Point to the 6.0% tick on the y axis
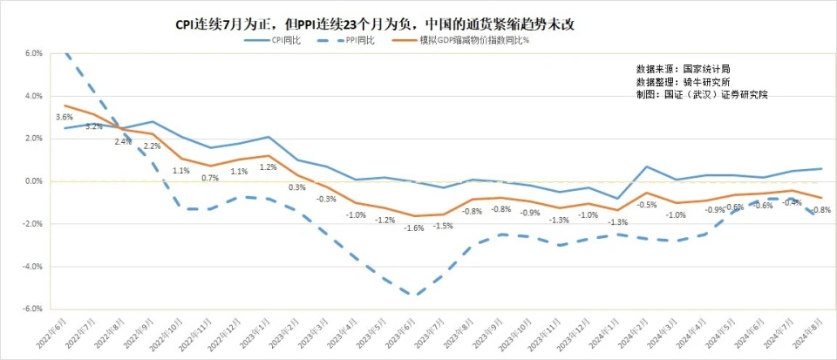pyautogui.click(x=34, y=53)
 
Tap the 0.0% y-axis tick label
pyautogui.click(x=34, y=181)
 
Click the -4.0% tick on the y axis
pyautogui.click(x=33, y=267)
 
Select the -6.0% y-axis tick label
pyautogui.click(x=33, y=309)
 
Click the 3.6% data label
pyautogui.click(x=64, y=117)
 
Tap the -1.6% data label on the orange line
pyautogui.click(x=414, y=228)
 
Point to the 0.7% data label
pyautogui.click(x=210, y=178)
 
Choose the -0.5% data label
pyautogui.click(x=646, y=205)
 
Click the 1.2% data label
pyautogui.click(x=268, y=167)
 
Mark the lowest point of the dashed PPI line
pyautogui.click(x=414, y=295)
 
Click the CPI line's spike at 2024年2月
pyautogui.click(x=647, y=166)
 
